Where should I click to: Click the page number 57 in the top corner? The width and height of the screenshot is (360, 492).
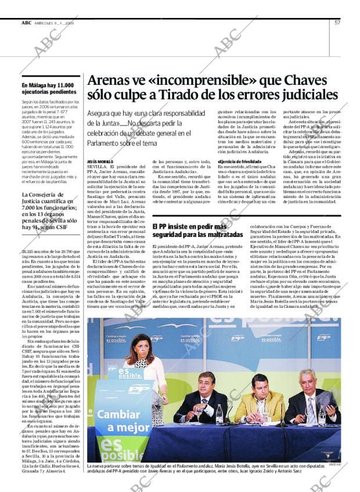(337, 23)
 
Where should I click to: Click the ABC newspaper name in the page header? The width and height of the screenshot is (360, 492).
(27, 23)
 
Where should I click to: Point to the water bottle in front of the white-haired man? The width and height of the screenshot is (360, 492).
(323, 415)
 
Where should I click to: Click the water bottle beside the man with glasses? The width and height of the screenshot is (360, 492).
(219, 415)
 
